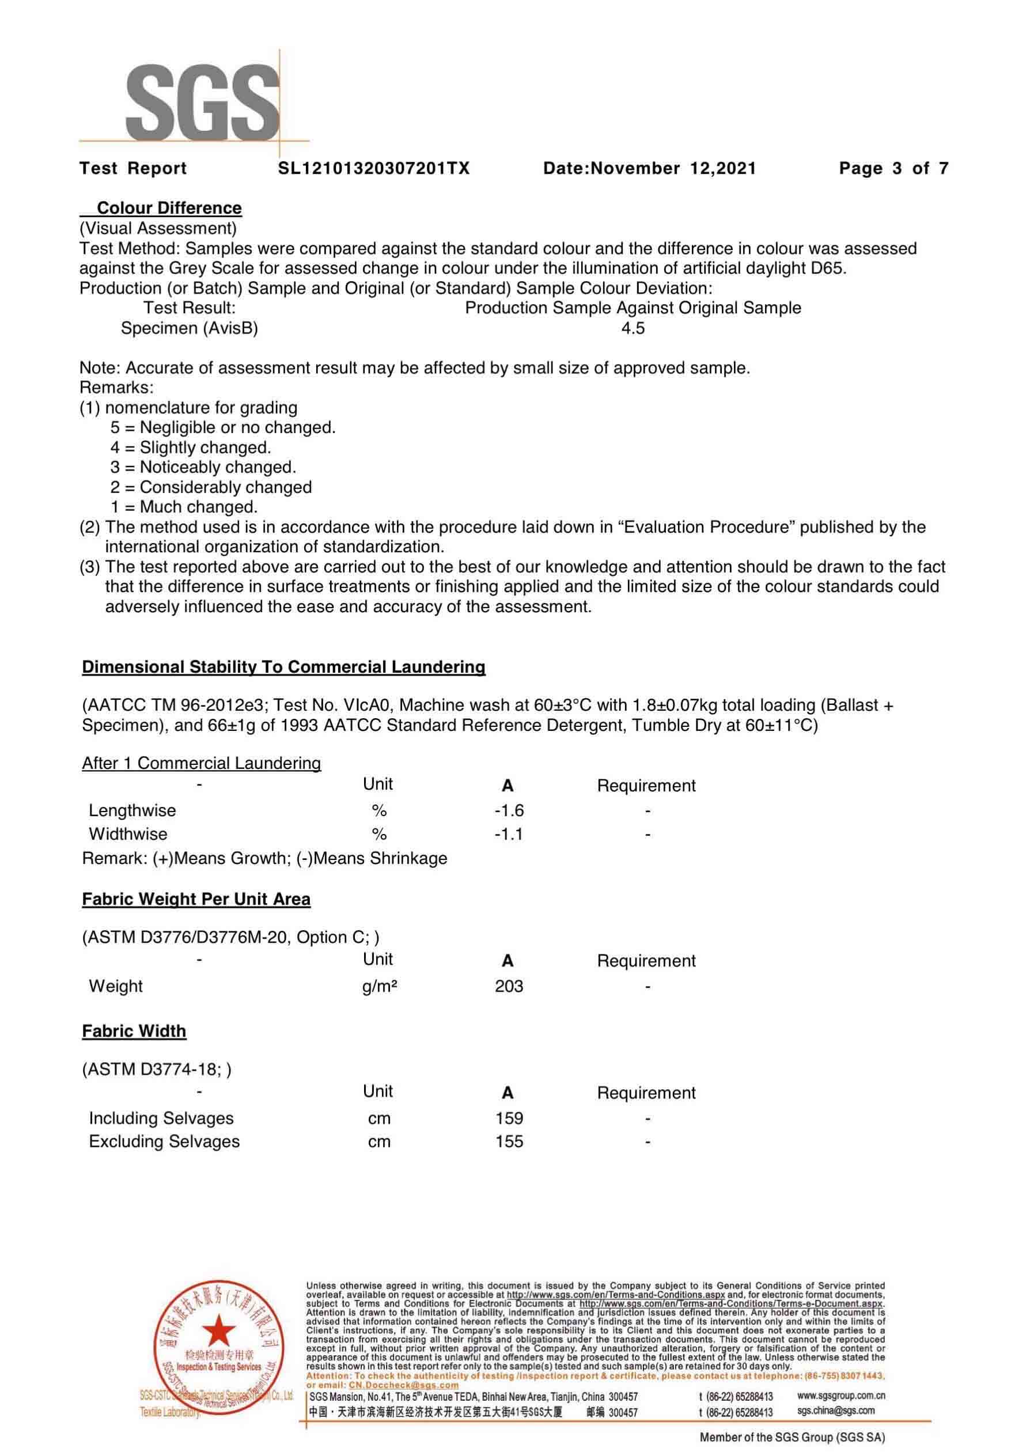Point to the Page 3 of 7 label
pos(893,168)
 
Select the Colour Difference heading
pos(169,208)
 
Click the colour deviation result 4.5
pos(633,328)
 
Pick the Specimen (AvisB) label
pos(189,328)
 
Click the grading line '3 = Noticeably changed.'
pos(203,467)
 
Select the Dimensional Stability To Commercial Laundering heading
pos(283,667)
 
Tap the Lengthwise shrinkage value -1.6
pos(509,810)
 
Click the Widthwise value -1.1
pos(509,834)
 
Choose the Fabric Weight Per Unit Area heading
pos(196,899)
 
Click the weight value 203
pos(509,986)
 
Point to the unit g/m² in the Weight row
pos(379,986)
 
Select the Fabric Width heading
pos(134,1031)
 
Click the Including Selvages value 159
pos(509,1118)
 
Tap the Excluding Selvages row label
pos(164,1142)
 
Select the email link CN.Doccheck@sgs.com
pos(403,1385)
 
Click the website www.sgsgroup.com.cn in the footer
pos(840,1396)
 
